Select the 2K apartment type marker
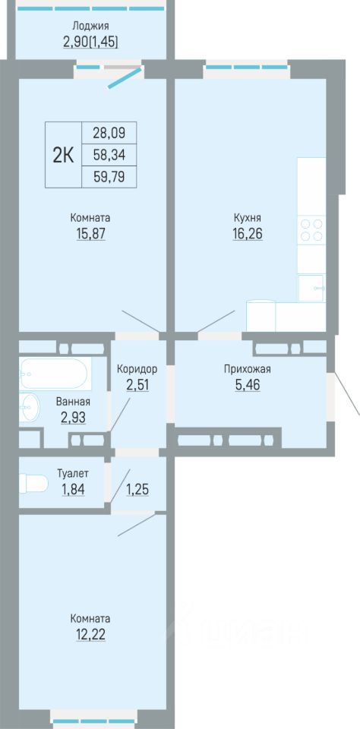(63, 155)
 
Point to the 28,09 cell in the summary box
(109, 133)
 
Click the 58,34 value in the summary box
(109, 155)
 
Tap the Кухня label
(248, 218)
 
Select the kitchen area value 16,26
(248, 233)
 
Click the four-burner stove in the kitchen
(311, 229)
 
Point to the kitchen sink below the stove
(311, 288)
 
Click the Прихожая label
(247, 370)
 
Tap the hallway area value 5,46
(247, 386)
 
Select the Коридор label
(137, 370)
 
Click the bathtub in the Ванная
(55, 374)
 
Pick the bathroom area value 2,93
(73, 418)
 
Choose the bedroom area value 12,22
(90, 634)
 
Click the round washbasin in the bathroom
(30, 409)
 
